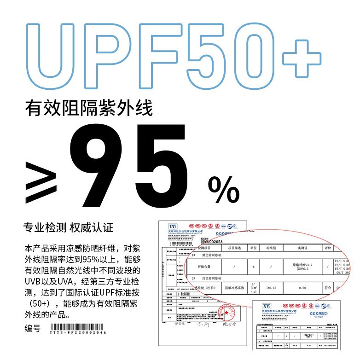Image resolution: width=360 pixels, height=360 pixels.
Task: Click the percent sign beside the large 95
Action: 224,190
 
